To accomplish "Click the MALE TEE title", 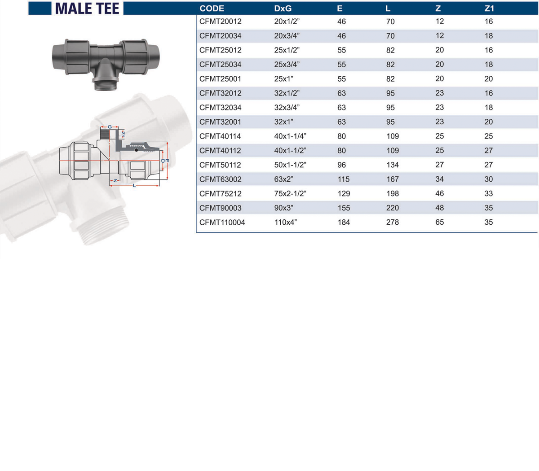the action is click(x=87, y=9).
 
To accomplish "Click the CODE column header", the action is click(x=212, y=9).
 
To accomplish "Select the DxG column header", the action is click(x=283, y=9).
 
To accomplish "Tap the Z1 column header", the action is click(x=489, y=9).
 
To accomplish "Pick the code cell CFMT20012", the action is click(x=220, y=22).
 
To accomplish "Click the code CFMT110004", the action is click(x=222, y=222).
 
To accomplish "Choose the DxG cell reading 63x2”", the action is click(x=284, y=179).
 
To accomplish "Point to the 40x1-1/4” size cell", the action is click(x=290, y=136).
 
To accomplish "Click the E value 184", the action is click(x=344, y=222).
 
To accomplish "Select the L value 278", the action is click(x=393, y=222).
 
